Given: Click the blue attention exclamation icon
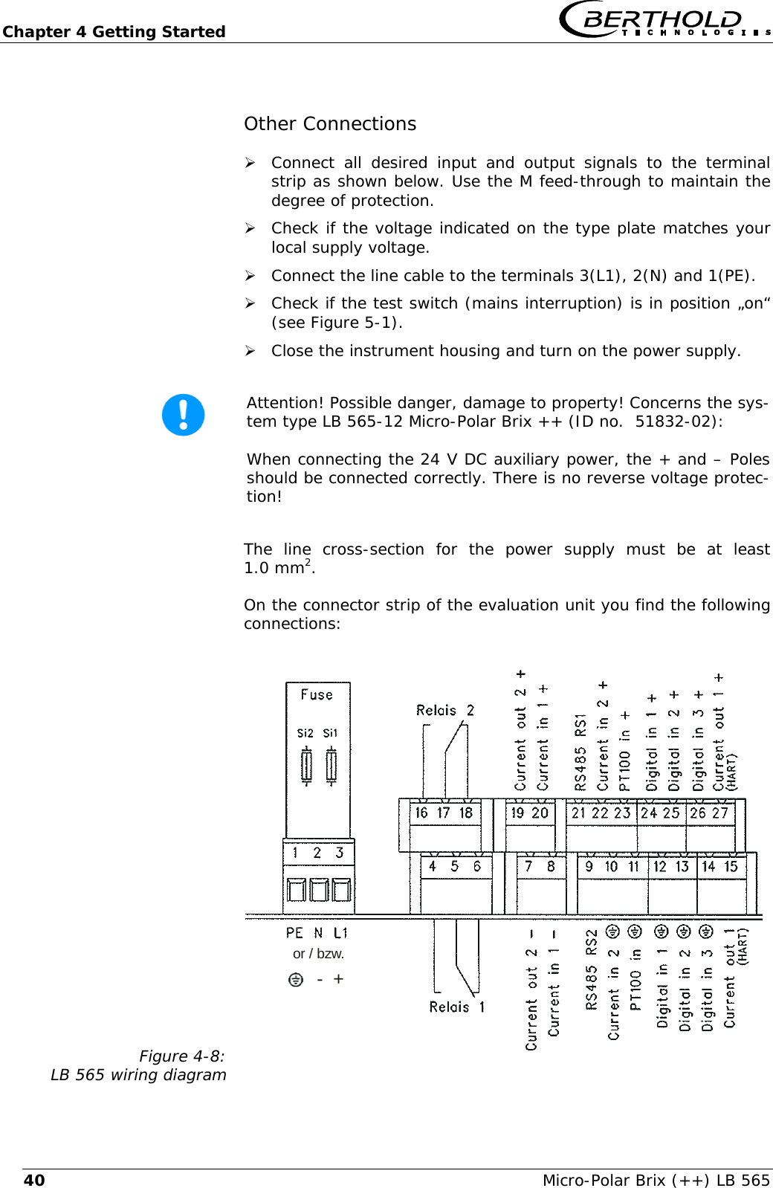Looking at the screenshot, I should pyautogui.click(x=183, y=415).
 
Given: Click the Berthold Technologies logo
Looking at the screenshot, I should pyautogui.click(x=664, y=20).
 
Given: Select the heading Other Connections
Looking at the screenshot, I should pyautogui.click(x=330, y=124).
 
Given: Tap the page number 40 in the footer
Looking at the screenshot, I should pyautogui.click(x=34, y=1180).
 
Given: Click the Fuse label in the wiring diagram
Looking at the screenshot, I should pyautogui.click(x=317, y=694).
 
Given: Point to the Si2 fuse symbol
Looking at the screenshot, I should pyautogui.click(x=306, y=766).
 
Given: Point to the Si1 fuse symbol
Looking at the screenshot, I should pyautogui.click(x=331, y=766).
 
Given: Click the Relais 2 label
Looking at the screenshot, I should pyautogui.click(x=444, y=711).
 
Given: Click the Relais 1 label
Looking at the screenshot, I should pyautogui.click(x=456, y=1007).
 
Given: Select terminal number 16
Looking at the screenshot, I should pyautogui.click(x=421, y=813).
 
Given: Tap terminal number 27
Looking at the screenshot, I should pyautogui.click(x=719, y=813).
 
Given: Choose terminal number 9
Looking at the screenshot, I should pyautogui.click(x=589, y=866).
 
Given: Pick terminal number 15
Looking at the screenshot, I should pyautogui.click(x=731, y=866).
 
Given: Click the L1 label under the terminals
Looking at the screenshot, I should pyautogui.click(x=340, y=933).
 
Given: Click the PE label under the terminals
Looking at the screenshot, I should pyautogui.click(x=294, y=933).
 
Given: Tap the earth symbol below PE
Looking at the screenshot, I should pyautogui.click(x=296, y=980).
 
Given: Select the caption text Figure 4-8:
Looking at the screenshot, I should pyautogui.click(x=181, y=1056).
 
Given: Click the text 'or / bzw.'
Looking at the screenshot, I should pyautogui.click(x=318, y=954).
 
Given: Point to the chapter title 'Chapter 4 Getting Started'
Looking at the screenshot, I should pyautogui.click(x=114, y=32).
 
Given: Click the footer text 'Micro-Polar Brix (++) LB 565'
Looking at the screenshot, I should pyautogui.click(x=656, y=1180).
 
